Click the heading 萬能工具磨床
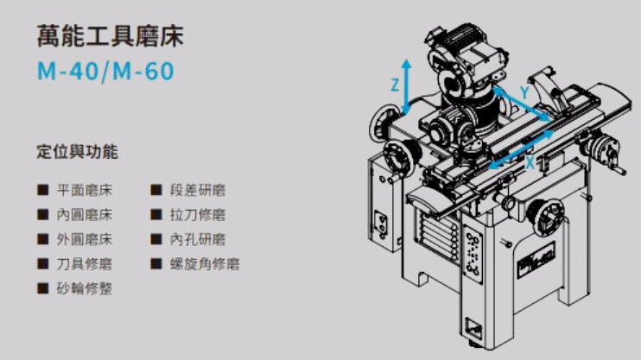[111, 36]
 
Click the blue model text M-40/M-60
[105, 71]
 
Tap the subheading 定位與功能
[77, 152]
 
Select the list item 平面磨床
[84, 191]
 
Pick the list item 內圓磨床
[84, 215]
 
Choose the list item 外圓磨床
[84, 239]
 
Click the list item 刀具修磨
[84, 264]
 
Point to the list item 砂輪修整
[84, 288]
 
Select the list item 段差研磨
[198, 191]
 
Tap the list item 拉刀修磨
[198, 215]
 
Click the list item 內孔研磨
[198, 239]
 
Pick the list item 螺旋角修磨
[205, 264]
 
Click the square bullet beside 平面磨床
[43, 190]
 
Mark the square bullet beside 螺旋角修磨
[156, 263]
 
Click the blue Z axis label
[395, 85]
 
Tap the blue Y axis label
[525, 92]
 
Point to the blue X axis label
[530, 163]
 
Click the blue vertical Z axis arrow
[406, 85]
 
